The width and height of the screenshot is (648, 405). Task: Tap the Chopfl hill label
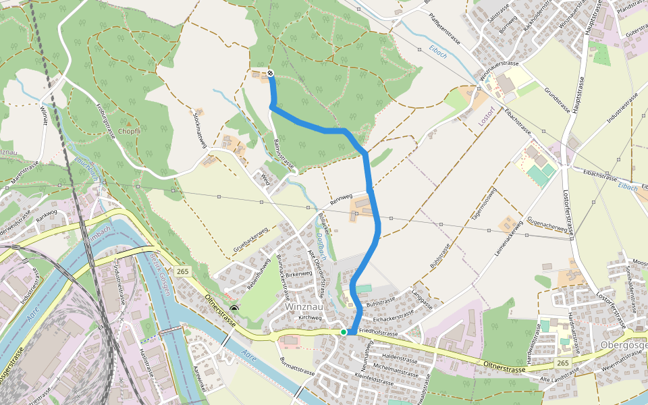(x=129, y=131)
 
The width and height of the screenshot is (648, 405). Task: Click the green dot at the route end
(x=344, y=332)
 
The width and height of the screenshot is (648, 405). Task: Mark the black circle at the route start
(x=270, y=73)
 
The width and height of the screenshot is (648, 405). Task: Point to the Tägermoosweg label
(x=485, y=202)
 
